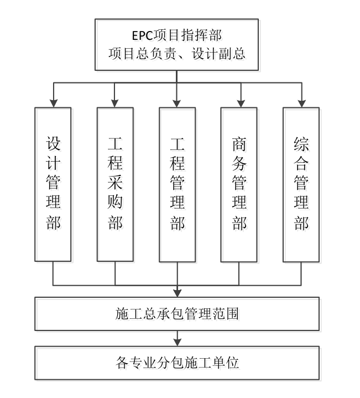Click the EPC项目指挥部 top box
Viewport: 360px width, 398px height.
tap(176, 44)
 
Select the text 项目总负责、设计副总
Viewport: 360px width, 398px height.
tap(177, 54)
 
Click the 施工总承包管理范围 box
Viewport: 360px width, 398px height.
tap(177, 314)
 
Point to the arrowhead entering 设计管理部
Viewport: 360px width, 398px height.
tap(53, 102)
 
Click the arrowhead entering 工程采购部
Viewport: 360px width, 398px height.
tap(115, 102)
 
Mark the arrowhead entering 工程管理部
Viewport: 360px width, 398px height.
tap(177, 102)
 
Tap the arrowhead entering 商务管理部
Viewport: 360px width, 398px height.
tap(239, 102)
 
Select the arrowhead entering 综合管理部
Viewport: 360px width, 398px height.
tap(301, 102)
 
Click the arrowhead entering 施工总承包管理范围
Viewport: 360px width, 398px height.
tap(177, 293)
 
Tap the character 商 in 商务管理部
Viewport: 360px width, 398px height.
tap(239, 144)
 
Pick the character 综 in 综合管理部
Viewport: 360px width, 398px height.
tap(301, 144)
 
